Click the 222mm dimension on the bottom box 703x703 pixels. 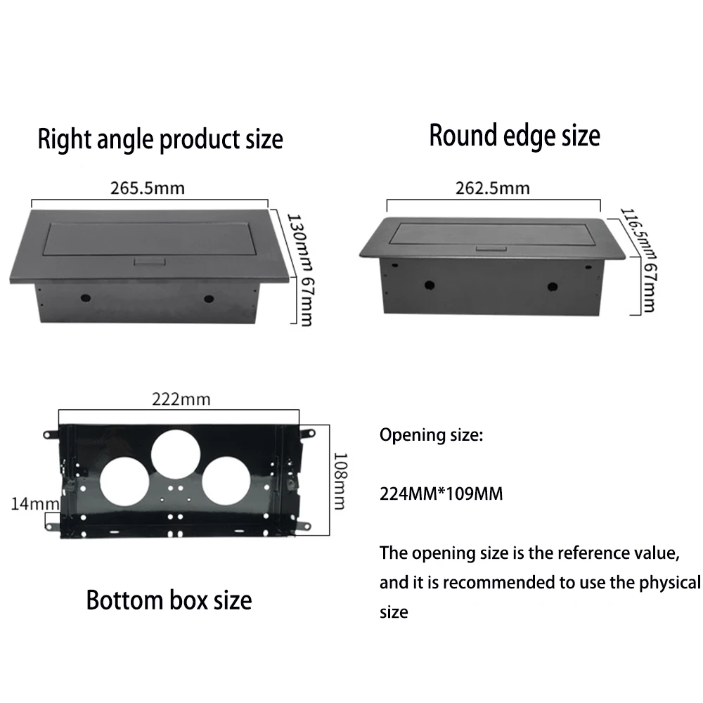pyautogui.click(x=181, y=399)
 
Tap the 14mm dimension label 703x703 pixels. pyautogui.click(x=25, y=503)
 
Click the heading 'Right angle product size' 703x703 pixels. pyautogui.click(x=160, y=138)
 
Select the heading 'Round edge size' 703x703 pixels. pyautogui.click(x=515, y=135)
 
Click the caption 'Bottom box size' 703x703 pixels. pyautogui.click(x=169, y=600)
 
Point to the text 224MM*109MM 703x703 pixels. pyautogui.click(x=441, y=494)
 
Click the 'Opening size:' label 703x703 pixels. pyautogui.click(x=432, y=435)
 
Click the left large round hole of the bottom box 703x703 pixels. pyautogui.click(x=124, y=485)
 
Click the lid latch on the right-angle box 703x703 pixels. pyautogui.click(x=148, y=262)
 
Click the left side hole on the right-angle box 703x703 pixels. pyautogui.click(x=86, y=298)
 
